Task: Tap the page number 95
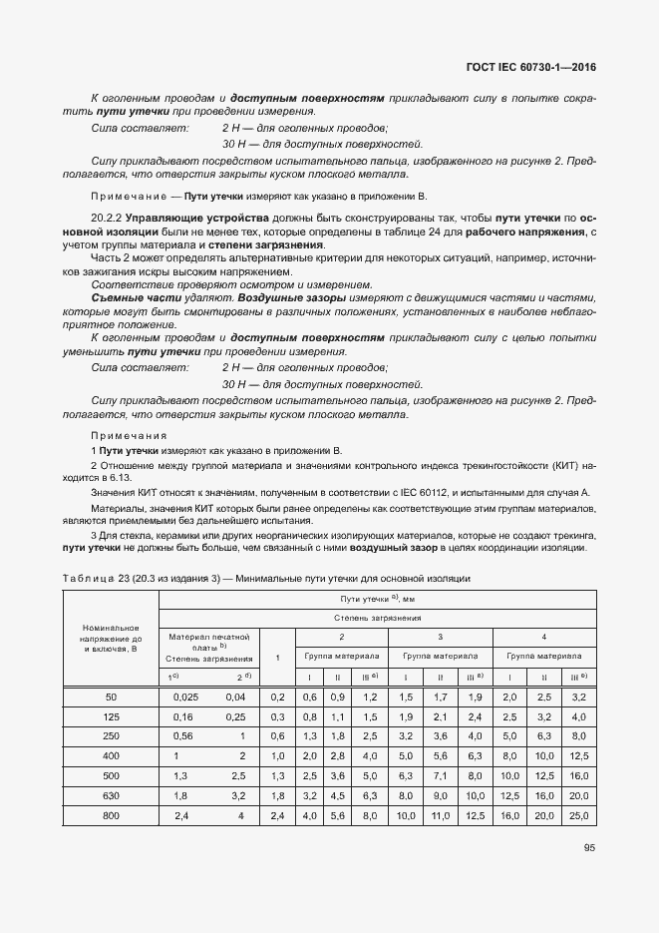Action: tap(589, 848)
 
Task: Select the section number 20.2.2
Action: tap(106, 217)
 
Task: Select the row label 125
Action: tap(110, 716)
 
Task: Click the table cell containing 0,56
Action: tap(183, 735)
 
